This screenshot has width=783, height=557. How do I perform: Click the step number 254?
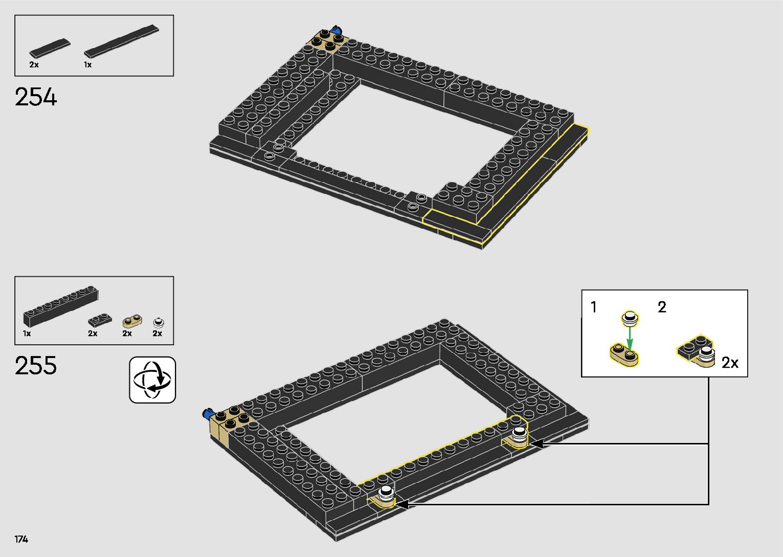(x=36, y=97)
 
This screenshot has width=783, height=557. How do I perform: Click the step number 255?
(x=36, y=365)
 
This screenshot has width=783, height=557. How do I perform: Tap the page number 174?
(x=21, y=539)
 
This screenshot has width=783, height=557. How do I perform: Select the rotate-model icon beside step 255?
(x=152, y=380)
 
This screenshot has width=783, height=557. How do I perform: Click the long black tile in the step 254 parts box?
(x=121, y=41)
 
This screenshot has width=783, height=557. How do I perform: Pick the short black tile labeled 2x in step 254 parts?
(x=50, y=48)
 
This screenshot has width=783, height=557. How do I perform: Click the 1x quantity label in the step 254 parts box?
(x=88, y=64)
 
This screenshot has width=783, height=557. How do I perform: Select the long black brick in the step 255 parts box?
(x=61, y=306)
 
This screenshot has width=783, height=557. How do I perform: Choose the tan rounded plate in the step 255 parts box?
(x=132, y=321)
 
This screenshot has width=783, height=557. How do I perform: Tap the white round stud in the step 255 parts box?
(x=159, y=322)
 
